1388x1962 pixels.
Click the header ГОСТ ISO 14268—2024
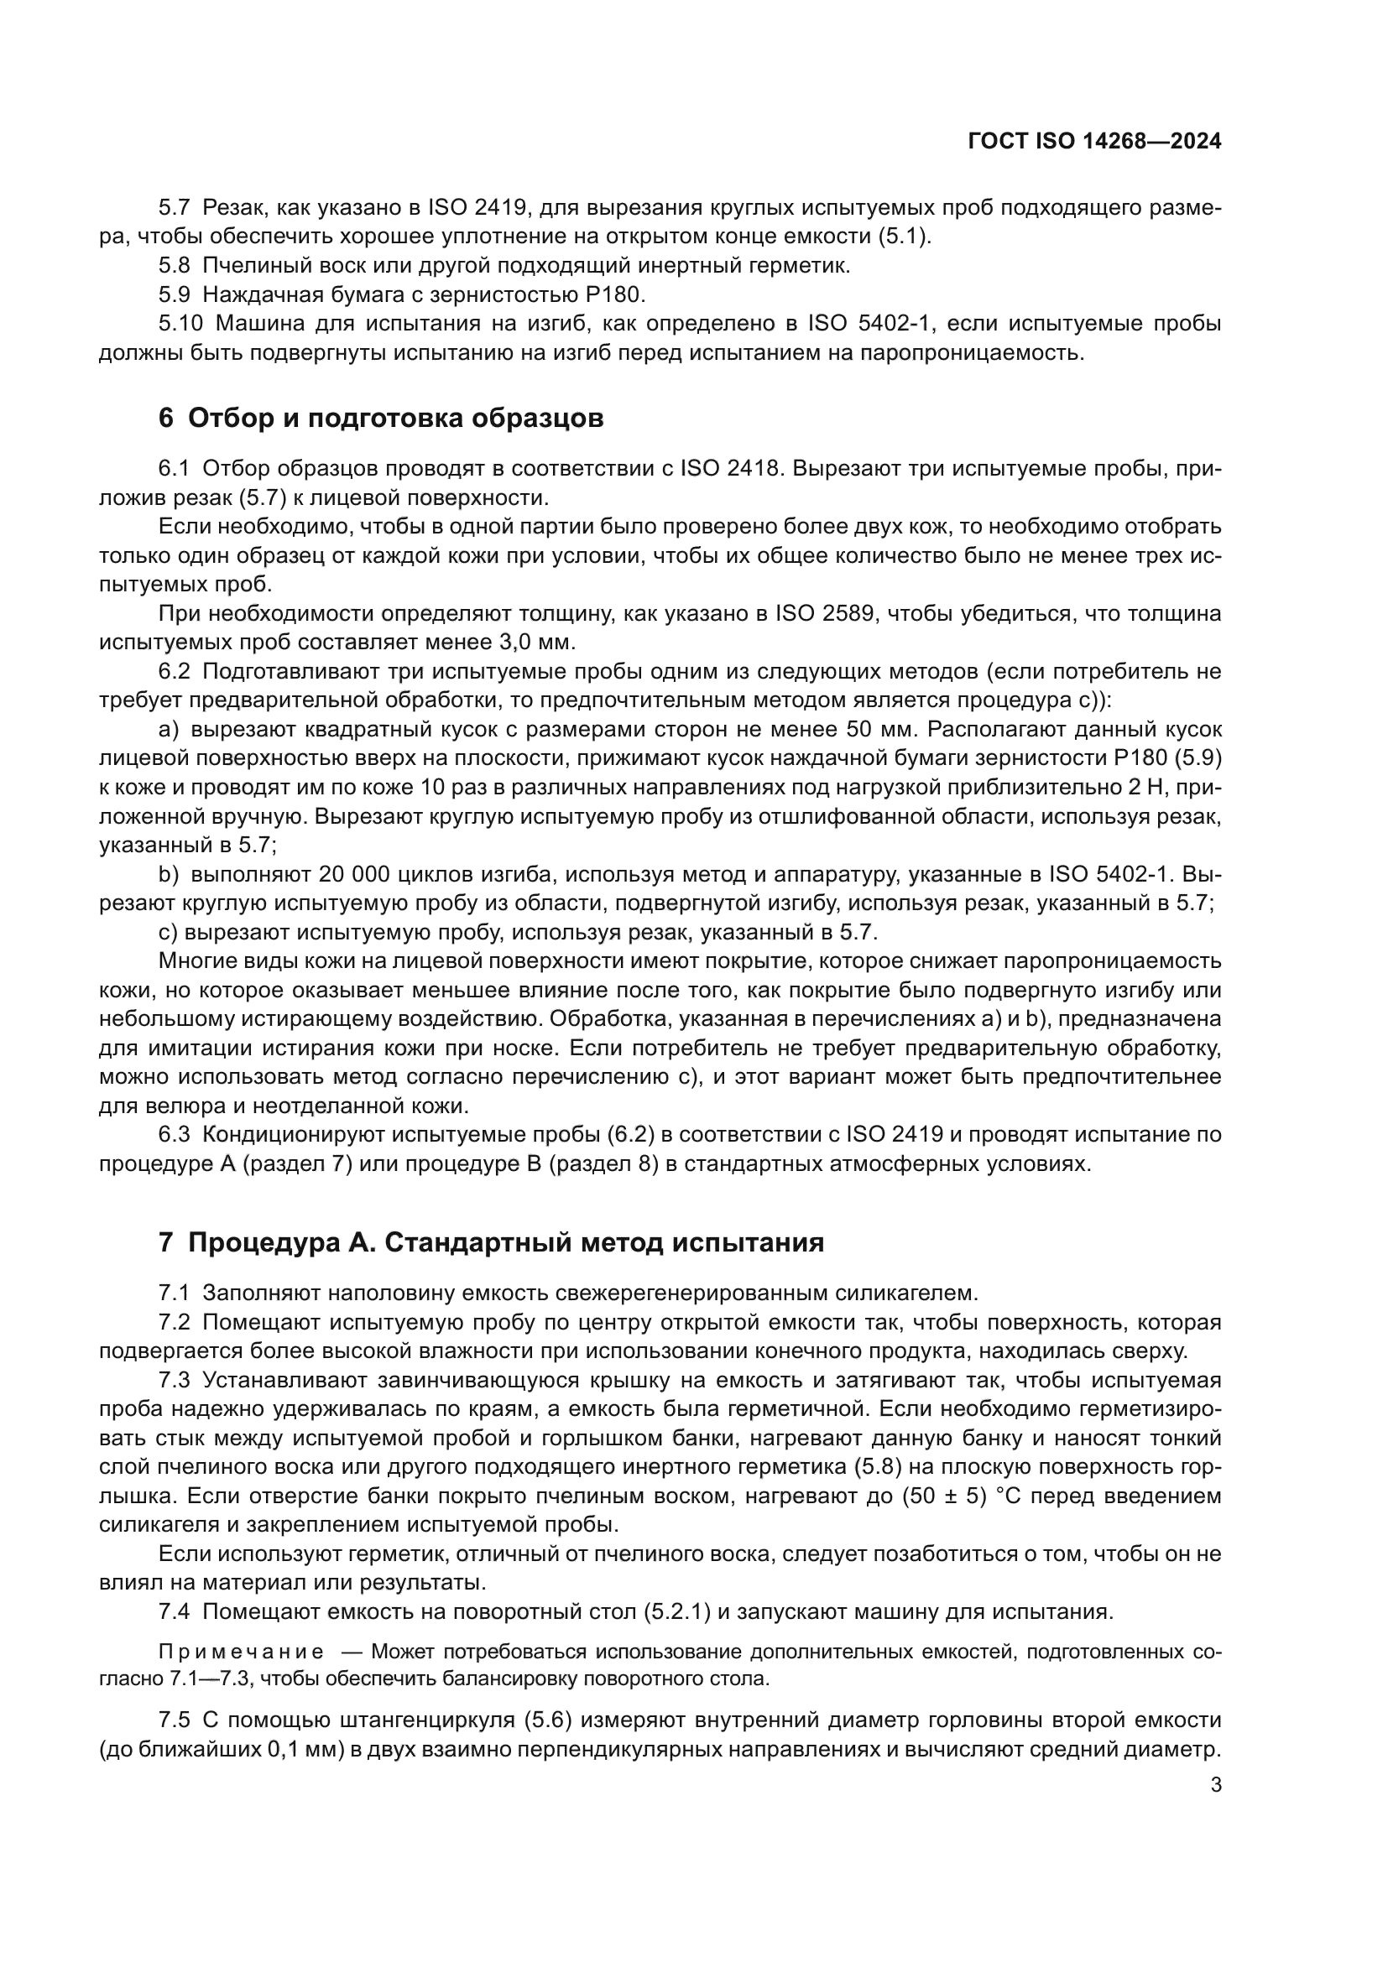click(1094, 142)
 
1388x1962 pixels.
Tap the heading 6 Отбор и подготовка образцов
click(380, 419)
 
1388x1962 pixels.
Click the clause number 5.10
click(180, 324)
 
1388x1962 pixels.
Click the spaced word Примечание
click(240, 1652)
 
